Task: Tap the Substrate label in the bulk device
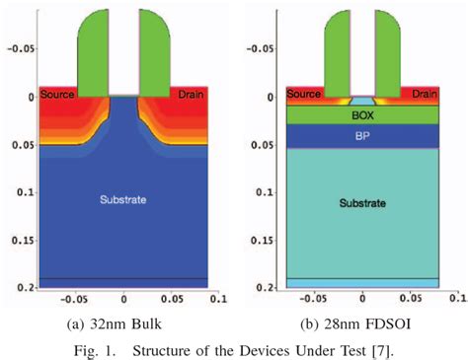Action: point(122,200)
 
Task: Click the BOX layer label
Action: point(362,114)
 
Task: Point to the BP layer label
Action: point(362,136)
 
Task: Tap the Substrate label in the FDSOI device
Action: point(362,203)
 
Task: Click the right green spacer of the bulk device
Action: point(151,49)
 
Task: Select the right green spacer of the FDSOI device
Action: point(389,49)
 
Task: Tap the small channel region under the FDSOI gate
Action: point(363,102)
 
